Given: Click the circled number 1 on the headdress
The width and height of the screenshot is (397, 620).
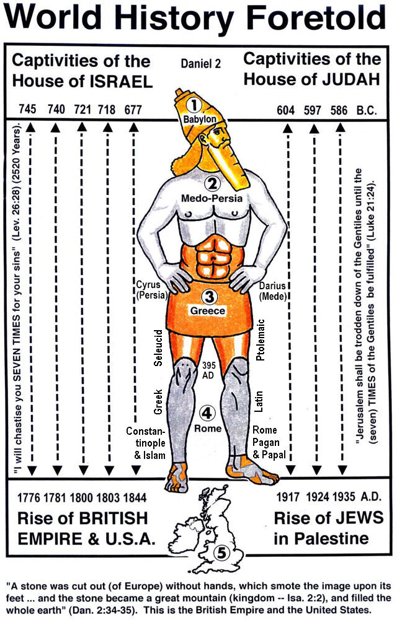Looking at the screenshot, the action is (x=194, y=105).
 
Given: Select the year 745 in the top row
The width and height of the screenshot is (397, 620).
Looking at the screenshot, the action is (x=27, y=109).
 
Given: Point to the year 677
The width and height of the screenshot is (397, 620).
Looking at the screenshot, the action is (x=133, y=109).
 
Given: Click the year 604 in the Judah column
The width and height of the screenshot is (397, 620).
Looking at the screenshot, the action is (x=286, y=110).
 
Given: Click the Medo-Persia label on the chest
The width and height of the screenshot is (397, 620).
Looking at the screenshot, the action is (x=212, y=198).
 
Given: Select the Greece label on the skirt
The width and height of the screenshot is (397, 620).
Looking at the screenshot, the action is (x=208, y=311).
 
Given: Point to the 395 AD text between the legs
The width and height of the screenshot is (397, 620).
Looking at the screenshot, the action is (x=208, y=370).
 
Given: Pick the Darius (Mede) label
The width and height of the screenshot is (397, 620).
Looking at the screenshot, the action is (x=272, y=291).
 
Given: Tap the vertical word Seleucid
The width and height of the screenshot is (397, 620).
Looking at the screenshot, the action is (x=158, y=348).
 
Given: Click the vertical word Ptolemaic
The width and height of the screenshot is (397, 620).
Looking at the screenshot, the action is (x=260, y=340).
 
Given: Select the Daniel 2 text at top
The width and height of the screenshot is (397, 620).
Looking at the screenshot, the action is (x=201, y=63).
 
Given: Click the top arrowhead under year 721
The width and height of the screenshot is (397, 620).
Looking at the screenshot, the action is (x=82, y=127).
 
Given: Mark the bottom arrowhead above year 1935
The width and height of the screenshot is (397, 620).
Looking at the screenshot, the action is (x=343, y=469).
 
